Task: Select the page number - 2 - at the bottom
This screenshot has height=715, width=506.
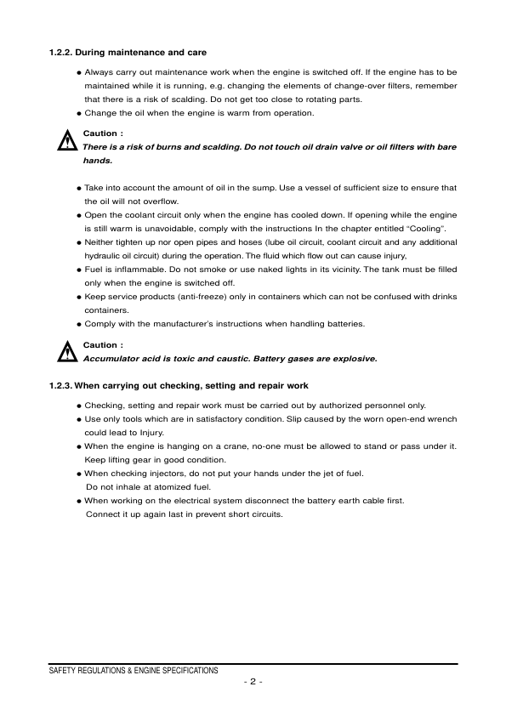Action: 253,682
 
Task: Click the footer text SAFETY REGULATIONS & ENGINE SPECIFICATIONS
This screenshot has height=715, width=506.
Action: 134,671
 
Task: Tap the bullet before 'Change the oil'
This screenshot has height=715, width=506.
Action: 78,113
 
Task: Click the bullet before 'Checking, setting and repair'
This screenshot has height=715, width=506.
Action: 78,406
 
